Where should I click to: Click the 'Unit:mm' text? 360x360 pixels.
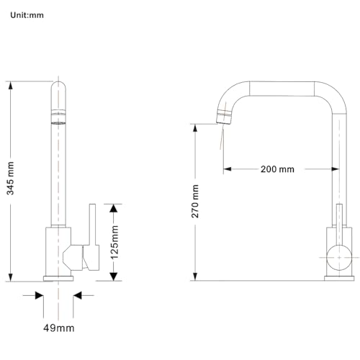(27, 15)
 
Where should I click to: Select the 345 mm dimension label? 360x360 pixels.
(10, 179)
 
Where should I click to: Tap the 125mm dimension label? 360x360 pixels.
(114, 242)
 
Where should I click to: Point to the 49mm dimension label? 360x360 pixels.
(59, 328)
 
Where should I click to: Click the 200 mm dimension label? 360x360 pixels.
(277, 169)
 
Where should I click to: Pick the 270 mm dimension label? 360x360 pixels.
(195, 202)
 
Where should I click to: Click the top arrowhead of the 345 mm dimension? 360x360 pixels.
(10, 86)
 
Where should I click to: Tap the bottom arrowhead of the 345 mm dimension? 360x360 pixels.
(10, 277)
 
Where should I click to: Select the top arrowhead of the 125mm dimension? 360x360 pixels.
(113, 208)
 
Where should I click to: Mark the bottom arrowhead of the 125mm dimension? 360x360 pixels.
(113, 276)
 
